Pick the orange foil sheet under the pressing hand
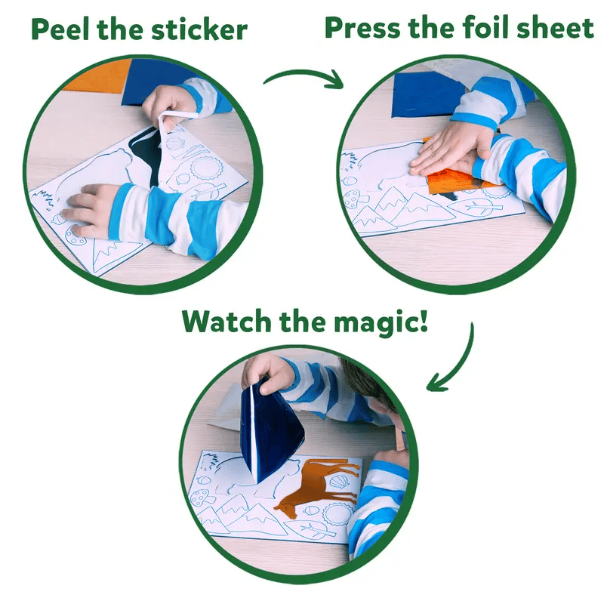[453, 181]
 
